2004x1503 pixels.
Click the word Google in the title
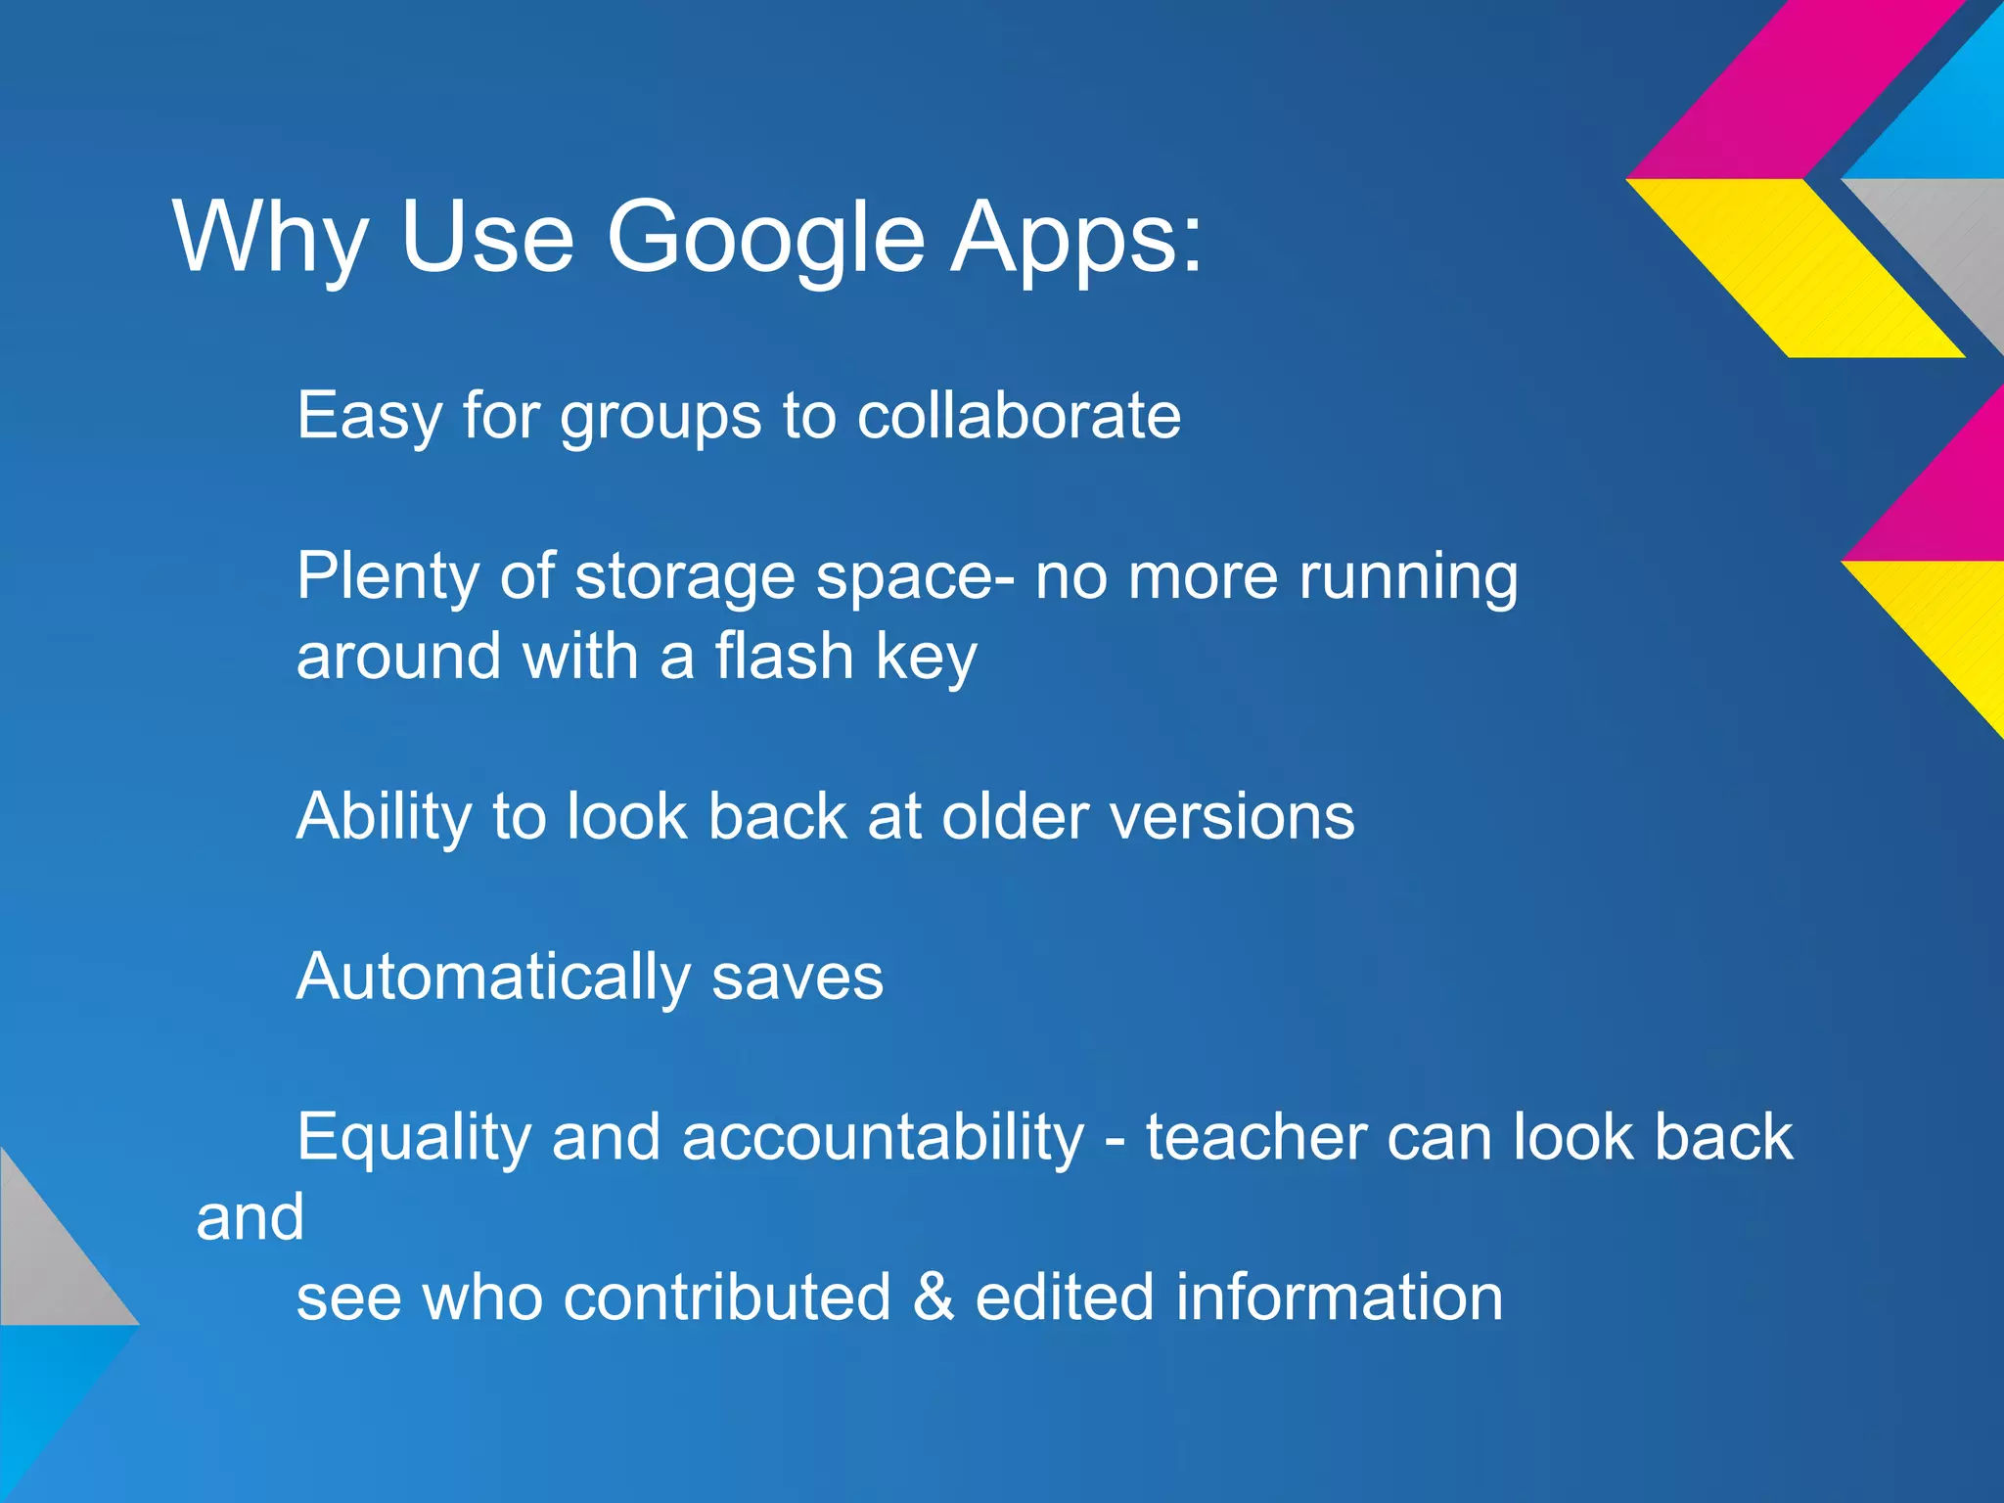click(765, 238)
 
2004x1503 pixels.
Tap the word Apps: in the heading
click(1076, 238)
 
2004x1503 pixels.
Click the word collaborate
click(1019, 416)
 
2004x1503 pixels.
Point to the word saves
click(797, 978)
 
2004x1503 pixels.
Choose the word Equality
click(413, 1138)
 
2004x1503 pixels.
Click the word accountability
click(883, 1138)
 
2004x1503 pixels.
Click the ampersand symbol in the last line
click(934, 1298)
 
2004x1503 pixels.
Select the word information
click(1338, 1298)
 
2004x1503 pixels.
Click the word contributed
click(727, 1298)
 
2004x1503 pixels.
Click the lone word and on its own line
click(250, 1218)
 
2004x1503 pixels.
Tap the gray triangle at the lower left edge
click(49, 1262)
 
